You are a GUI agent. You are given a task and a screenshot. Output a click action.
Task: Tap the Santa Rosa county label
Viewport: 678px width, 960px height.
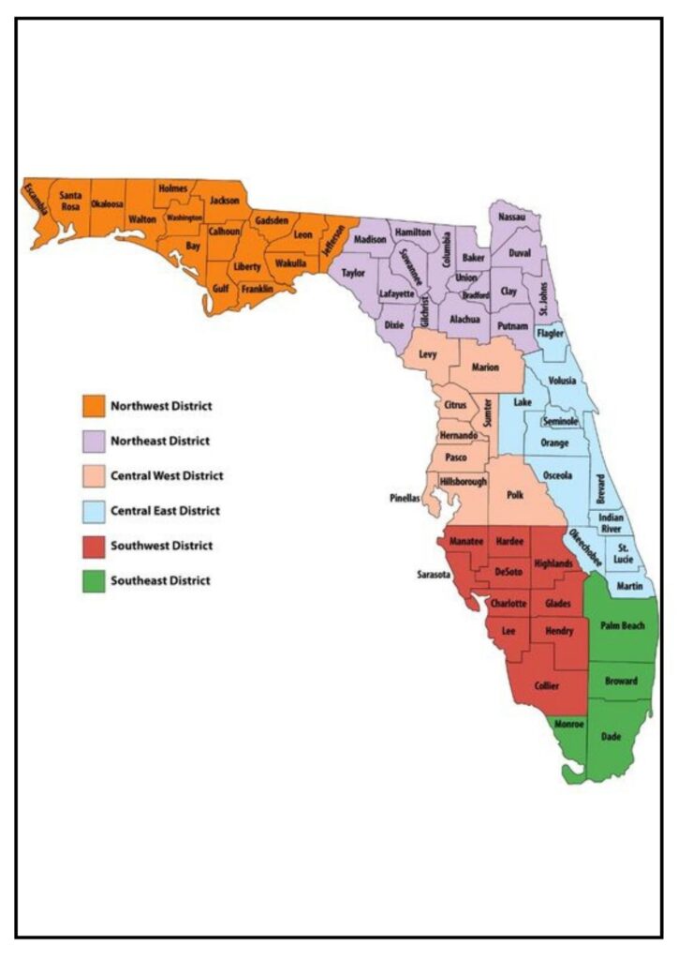tap(70, 202)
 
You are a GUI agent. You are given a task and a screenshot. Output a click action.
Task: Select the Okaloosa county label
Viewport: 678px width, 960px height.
tap(107, 205)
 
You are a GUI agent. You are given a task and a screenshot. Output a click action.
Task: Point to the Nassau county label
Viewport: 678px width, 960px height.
tap(512, 217)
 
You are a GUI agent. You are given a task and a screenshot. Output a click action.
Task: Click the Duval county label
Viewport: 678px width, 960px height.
tap(520, 253)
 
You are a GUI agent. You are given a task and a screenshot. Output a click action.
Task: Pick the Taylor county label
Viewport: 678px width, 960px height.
tap(353, 274)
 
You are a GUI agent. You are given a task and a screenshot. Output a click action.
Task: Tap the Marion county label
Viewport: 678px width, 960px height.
tap(485, 367)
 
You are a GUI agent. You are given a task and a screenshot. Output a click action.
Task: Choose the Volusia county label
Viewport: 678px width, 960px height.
tap(562, 382)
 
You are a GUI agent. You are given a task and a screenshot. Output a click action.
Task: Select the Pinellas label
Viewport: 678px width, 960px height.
tap(406, 498)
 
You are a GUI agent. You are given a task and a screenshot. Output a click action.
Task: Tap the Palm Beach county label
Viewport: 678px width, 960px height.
tap(622, 625)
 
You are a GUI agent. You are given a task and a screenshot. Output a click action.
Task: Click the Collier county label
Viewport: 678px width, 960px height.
tap(546, 685)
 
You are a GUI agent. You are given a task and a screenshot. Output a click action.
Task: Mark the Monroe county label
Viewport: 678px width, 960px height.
tap(568, 725)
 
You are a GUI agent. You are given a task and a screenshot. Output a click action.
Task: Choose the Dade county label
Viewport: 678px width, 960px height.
tap(611, 737)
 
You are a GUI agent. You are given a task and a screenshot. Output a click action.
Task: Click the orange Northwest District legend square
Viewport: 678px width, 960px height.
tap(93, 406)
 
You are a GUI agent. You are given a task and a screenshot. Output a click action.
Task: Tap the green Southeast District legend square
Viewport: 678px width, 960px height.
tap(93, 580)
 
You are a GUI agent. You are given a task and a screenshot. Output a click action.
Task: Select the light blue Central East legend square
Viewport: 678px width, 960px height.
tap(93, 511)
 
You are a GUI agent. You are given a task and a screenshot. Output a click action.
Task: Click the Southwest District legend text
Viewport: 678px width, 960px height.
tap(161, 546)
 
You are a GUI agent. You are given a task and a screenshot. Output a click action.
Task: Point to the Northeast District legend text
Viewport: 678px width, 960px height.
tap(160, 441)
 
